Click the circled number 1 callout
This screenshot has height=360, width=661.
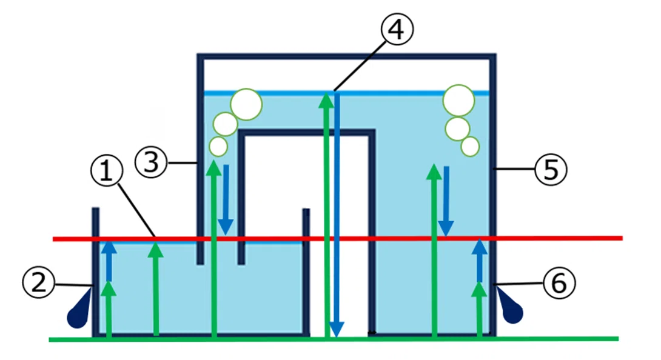[107, 171]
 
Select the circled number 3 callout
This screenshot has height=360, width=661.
[151, 161]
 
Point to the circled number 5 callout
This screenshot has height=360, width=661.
[551, 170]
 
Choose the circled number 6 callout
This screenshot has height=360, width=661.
[559, 283]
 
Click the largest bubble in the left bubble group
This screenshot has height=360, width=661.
[246, 104]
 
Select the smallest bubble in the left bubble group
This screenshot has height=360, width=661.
[218, 147]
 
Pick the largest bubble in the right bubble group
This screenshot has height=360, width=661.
[458, 101]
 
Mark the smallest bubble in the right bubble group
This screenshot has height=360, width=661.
[470, 147]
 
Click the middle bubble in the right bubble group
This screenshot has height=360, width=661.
[457, 129]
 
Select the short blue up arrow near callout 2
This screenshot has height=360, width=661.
[109, 260]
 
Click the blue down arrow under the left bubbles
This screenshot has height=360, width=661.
[226, 200]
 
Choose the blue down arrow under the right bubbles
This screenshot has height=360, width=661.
[446, 201]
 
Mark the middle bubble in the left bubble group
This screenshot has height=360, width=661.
[225, 124]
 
